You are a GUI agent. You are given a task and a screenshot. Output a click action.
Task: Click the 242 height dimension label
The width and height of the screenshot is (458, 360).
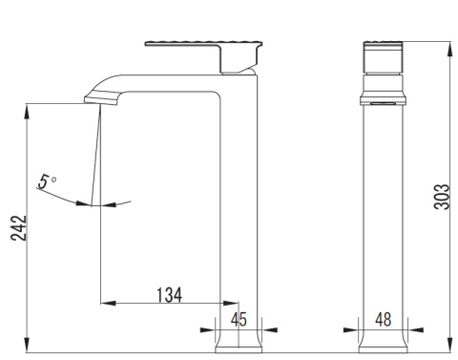pos(19,228)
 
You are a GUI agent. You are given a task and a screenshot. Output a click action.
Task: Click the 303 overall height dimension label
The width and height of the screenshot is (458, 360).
pos(443,197)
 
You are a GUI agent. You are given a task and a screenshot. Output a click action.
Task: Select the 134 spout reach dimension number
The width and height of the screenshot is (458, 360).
pos(170,295)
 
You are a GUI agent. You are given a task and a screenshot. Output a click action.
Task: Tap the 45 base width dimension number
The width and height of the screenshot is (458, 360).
pos(239,319)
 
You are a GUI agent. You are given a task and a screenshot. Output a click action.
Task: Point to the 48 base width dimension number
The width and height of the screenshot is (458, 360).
pos(383,319)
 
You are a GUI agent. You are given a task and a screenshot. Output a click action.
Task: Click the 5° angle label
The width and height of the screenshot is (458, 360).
pos(47,181)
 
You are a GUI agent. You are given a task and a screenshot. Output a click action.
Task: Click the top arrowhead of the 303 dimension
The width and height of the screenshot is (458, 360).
pos(450,50)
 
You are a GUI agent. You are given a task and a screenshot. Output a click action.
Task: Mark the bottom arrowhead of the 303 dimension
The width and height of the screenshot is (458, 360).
pos(450,345)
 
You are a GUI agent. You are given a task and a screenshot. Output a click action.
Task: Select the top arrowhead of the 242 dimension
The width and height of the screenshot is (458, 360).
pos(27,112)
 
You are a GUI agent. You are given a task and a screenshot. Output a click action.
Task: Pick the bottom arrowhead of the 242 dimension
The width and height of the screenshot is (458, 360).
pos(27,345)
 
